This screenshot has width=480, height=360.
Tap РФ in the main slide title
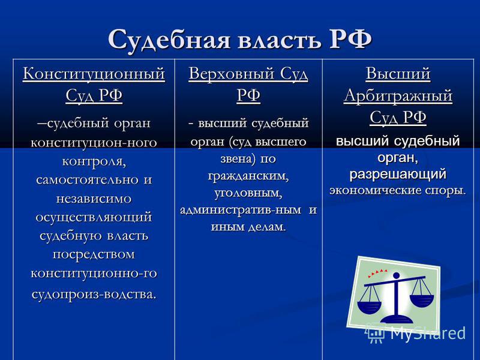tap(350, 39)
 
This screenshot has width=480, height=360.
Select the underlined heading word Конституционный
tap(94, 74)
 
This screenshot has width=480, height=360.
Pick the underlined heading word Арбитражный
tap(398, 96)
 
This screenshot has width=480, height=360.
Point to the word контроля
tap(94, 161)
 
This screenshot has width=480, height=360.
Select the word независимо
tap(94, 199)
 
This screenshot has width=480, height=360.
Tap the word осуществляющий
tap(94, 218)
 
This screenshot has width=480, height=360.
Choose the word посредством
tap(94, 254)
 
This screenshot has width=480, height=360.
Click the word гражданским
tap(248, 176)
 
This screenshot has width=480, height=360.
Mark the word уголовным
tap(248, 194)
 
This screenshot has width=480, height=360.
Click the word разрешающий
tap(398, 175)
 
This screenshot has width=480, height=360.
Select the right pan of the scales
tap(422, 301)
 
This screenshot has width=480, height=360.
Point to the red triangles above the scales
tap(377, 273)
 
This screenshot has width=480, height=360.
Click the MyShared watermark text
tap(428, 333)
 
